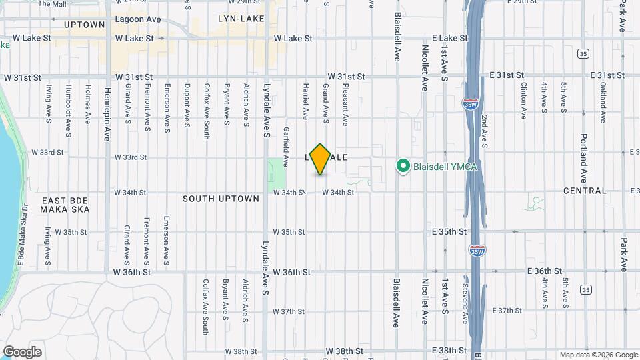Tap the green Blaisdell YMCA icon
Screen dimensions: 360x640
[x=403, y=166]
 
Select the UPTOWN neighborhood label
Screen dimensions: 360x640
[x=85, y=25]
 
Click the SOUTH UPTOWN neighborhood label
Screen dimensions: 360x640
[x=221, y=199]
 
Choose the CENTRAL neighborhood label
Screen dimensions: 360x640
[x=585, y=191]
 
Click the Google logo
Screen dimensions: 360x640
[x=23, y=351]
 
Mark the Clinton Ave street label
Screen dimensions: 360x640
[x=523, y=102]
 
